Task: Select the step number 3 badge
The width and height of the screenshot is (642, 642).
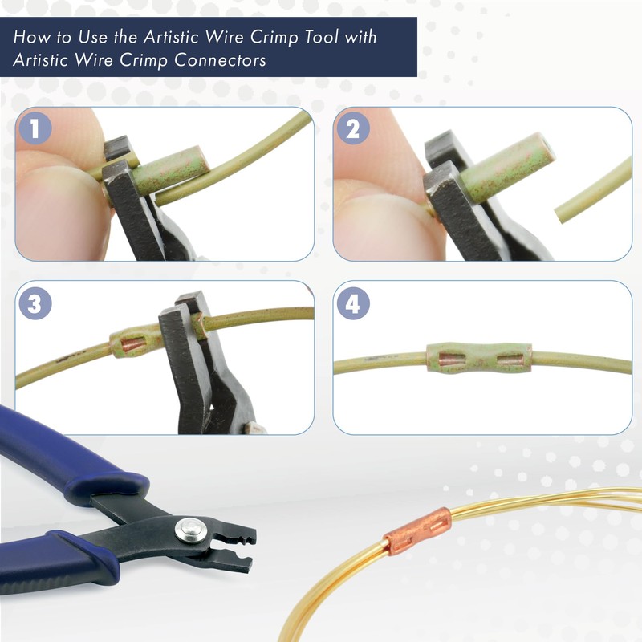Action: [37, 304]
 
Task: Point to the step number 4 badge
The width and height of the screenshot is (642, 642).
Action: [354, 304]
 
